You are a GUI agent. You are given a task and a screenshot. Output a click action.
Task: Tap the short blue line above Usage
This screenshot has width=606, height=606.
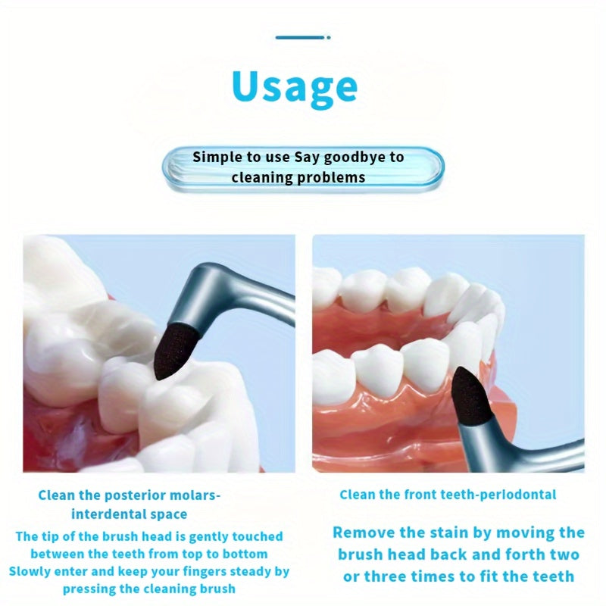302,36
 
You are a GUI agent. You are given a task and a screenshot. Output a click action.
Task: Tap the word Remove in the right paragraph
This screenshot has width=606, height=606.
361,533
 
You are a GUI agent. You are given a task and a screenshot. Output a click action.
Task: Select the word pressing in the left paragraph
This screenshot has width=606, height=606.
90,589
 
